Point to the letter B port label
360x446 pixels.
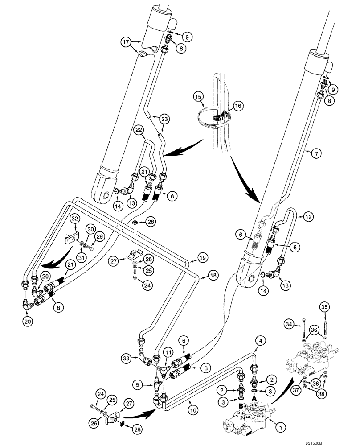[240, 407]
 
